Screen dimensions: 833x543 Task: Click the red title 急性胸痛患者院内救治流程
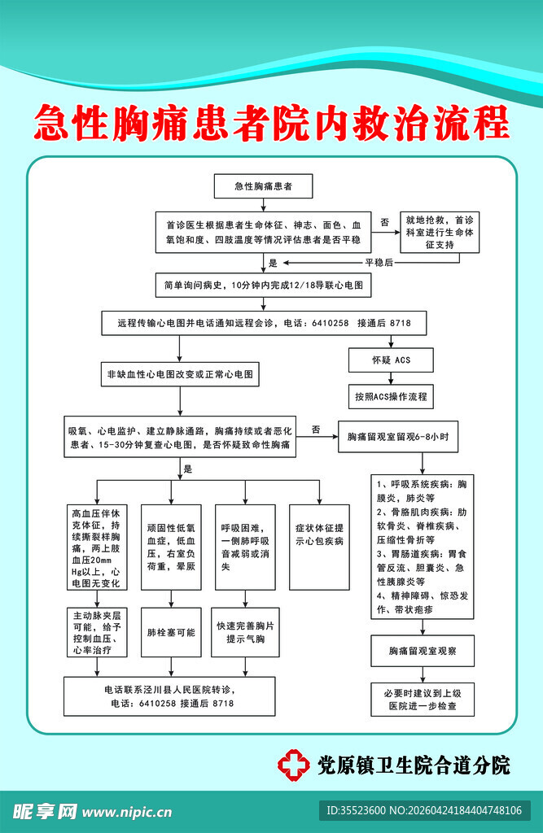coord(271,124)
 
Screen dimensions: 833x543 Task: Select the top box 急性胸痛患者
coord(262,186)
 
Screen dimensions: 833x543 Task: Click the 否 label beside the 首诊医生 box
coord(384,221)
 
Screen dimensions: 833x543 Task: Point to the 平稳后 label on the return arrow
coord(379,263)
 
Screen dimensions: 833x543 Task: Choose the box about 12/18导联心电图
coord(262,286)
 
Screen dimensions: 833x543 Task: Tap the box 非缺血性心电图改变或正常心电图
coord(180,375)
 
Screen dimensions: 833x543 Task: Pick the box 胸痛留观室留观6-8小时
coord(397,438)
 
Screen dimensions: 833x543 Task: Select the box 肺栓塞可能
coord(170,632)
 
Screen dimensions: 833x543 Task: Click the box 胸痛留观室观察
coord(421,651)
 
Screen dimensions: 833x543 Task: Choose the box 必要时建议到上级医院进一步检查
coord(423,700)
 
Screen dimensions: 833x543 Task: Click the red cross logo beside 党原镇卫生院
coord(294,764)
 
